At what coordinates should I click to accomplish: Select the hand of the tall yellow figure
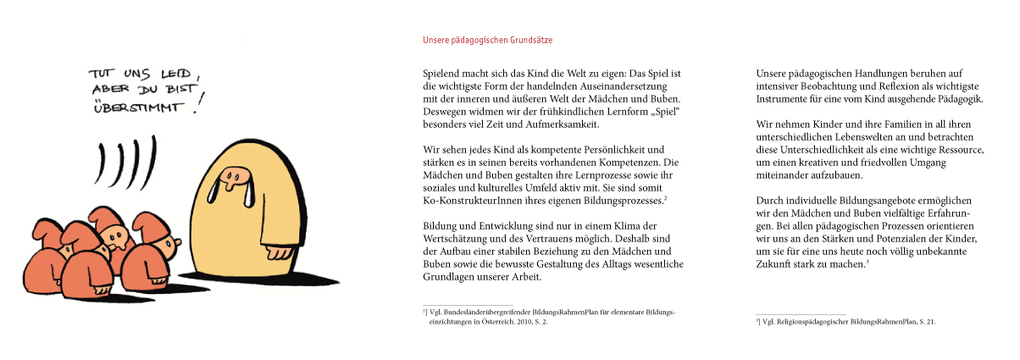pyautogui.click(x=274, y=253)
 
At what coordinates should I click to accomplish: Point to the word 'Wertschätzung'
pyautogui.click(x=457, y=239)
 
